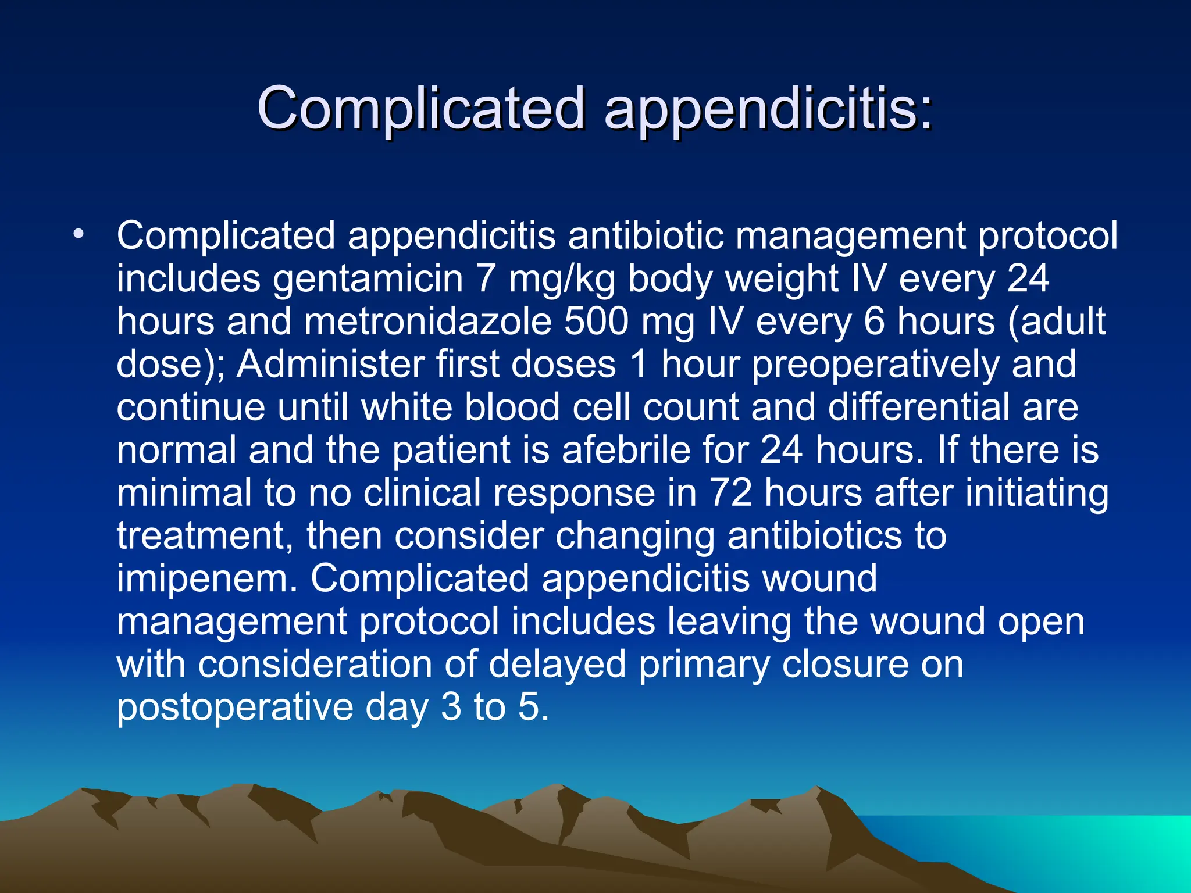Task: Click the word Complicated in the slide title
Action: point(420,108)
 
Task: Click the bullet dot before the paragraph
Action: point(79,235)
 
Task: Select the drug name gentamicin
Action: point(368,279)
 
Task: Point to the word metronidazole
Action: point(427,322)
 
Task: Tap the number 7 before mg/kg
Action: point(486,279)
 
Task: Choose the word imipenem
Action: point(206,579)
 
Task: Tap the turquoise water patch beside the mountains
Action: point(1076,849)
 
